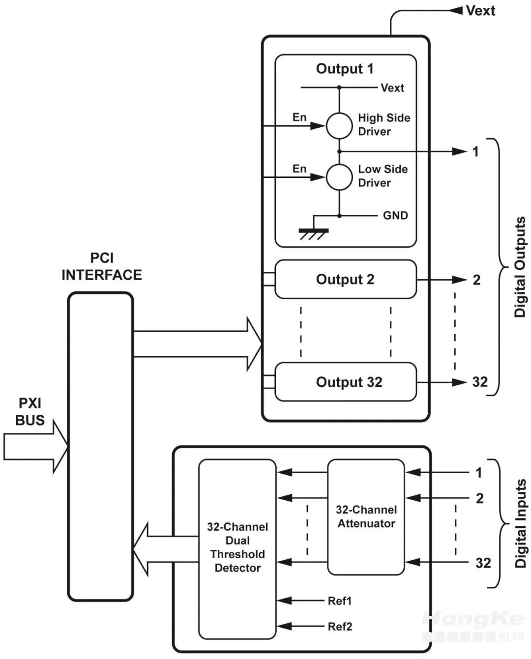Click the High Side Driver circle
tap(339, 125)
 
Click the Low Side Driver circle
tap(339, 177)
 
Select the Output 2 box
tap(345, 279)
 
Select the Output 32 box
tap(345, 382)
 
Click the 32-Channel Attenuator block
tap(366, 517)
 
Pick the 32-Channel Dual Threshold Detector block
tap(237, 547)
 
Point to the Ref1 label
tap(340, 601)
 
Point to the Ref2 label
tap(340, 627)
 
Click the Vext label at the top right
tap(480, 11)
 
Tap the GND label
tap(395, 215)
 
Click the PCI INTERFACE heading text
tap(102, 267)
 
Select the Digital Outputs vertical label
tap(520, 267)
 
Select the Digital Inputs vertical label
tap(520, 523)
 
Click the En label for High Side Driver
tap(299, 117)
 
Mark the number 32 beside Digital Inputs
tap(483, 563)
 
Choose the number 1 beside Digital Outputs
tap(475, 151)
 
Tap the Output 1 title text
tap(345, 69)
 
